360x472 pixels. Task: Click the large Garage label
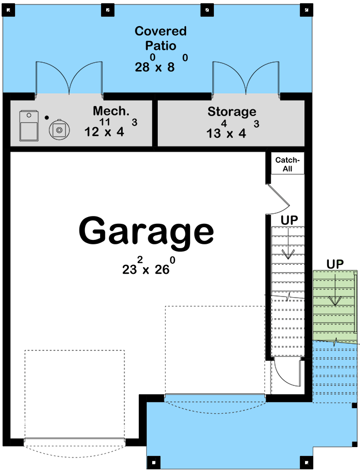pyautogui.click(x=146, y=231)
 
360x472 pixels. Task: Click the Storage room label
pyautogui.click(x=232, y=112)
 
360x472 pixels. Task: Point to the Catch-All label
pyautogui.click(x=287, y=164)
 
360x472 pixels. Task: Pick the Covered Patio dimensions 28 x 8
pyautogui.click(x=161, y=66)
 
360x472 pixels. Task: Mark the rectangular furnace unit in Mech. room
pyautogui.click(x=27, y=125)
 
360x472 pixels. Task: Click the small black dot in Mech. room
pyautogui.click(x=47, y=117)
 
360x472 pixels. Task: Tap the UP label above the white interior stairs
pyautogui.click(x=288, y=220)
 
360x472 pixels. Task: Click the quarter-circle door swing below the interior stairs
pyautogui.click(x=288, y=372)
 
